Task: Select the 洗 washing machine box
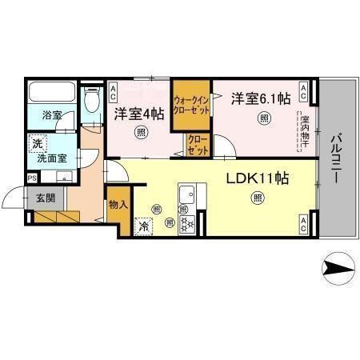click(36, 144)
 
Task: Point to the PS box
click(32, 178)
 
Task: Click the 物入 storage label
click(118, 206)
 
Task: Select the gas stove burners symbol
click(188, 225)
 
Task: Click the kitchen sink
click(189, 194)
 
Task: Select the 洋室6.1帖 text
click(261, 98)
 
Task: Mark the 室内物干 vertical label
click(305, 129)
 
